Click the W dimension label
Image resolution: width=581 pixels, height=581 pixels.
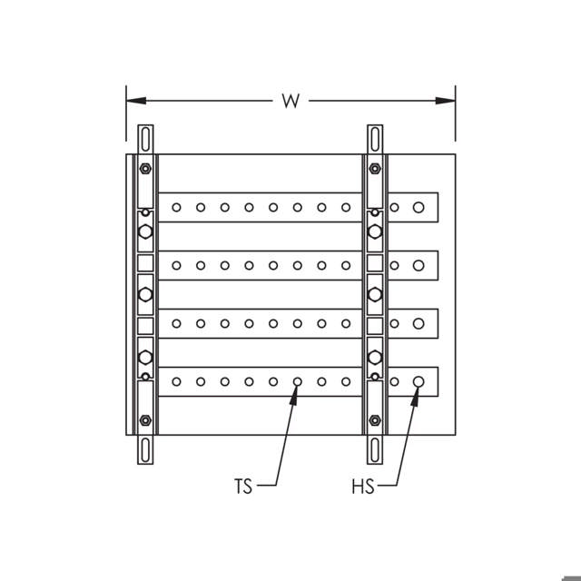point(290,101)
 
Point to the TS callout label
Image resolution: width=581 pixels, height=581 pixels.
point(243,487)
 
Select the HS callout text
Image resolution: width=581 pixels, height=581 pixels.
point(362,487)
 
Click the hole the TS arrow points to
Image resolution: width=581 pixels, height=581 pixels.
point(297,381)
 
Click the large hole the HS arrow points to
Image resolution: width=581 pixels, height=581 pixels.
point(419,381)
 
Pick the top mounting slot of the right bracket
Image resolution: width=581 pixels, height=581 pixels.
point(375,139)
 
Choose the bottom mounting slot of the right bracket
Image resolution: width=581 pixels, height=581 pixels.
point(375,450)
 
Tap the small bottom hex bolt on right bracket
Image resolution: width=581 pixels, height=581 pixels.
point(375,420)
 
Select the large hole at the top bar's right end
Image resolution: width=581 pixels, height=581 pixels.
point(419,207)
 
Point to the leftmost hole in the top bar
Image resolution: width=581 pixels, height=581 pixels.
point(176,207)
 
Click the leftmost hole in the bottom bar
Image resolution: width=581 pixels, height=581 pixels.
point(176,381)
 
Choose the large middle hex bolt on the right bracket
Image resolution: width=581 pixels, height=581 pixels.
point(375,294)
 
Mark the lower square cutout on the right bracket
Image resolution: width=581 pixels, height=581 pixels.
point(375,325)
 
